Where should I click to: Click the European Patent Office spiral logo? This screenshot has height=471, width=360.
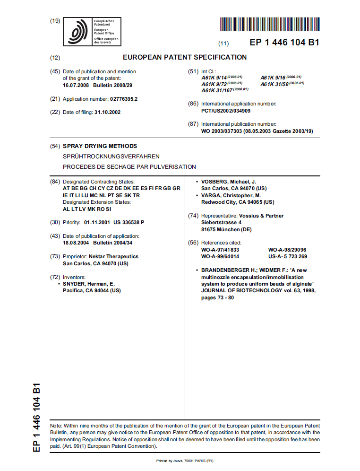coord(78,32)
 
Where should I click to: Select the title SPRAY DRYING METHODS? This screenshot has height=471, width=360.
coord(100,146)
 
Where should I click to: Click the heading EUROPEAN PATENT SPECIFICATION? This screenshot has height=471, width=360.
coord(185,57)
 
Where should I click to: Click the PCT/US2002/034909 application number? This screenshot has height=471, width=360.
coord(226,111)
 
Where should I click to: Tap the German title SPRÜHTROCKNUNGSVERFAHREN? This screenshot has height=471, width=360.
coord(111,156)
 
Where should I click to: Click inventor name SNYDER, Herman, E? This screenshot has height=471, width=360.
coord(88,284)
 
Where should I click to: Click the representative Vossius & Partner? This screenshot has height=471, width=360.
coord(261,216)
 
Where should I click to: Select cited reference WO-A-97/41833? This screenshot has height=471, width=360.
coord(220,250)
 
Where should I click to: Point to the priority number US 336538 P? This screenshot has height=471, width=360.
coord(129,222)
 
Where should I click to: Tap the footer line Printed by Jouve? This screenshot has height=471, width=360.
coord(185,461)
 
